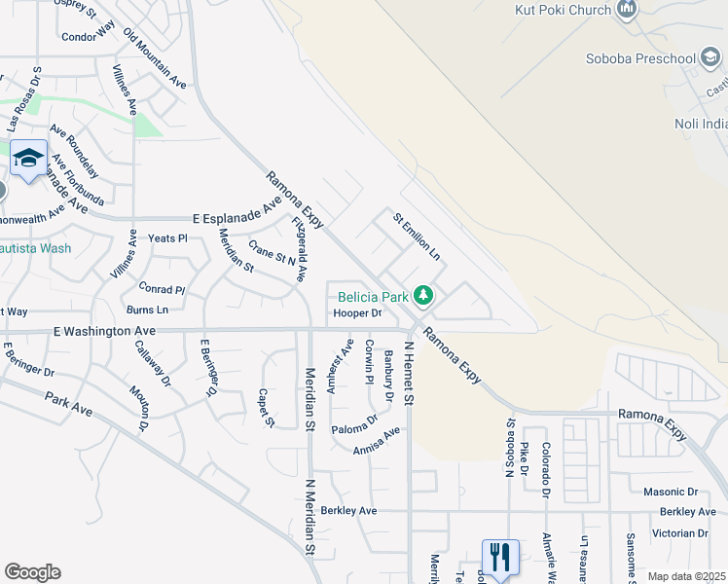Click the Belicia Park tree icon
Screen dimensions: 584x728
pos(422,294)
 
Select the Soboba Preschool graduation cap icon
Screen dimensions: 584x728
pos(711,58)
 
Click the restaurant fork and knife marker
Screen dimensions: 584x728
pos(500,558)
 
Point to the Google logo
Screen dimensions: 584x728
pos(32,572)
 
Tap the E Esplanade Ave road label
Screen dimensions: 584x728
pos(237,216)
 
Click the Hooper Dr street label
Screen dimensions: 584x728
pos(357,313)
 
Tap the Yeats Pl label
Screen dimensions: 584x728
pos(166,238)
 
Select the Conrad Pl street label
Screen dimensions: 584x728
pos(162,289)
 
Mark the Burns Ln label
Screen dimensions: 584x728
pos(147,310)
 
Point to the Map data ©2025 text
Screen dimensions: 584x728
pos(685,576)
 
